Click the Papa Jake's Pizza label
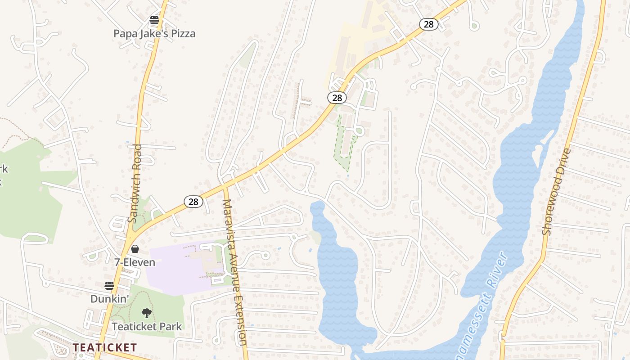click(154, 33)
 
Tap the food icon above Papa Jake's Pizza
click(154, 20)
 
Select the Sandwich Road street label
click(135, 183)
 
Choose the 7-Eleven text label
click(135, 262)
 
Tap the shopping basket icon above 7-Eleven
click(135, 249)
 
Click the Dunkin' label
click(109, 299)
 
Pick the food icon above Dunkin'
click(109, 286)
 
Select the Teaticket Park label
click(147, 326)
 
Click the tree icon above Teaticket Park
click(146, 313)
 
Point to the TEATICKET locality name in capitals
click(105, 347)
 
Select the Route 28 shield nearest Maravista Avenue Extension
click(193, 202)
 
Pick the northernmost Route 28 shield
click(428, 24)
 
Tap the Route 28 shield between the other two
click(337, 97)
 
